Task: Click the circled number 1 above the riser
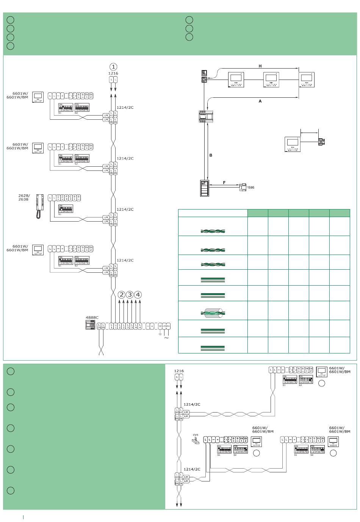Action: tap(113, 67)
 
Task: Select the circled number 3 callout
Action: tap(130, 295)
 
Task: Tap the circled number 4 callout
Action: tap(138, 295)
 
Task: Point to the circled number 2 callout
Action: tap(121, 295)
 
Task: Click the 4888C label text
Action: tap(92, 317)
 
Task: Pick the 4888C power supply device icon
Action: tap(91, 325)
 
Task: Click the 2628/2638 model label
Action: tap(23, 197)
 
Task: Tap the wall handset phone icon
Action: tap(40, 206)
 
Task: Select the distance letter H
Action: tap(260, 66)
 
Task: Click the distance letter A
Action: tap(260, 101)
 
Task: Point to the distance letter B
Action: tap(211, 155)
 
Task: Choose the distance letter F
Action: tap(224, 183)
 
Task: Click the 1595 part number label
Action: tap(250, 188)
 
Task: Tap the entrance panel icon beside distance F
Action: tap(205, 188)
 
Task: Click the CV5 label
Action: tap(196, 435)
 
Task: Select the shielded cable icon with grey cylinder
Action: tap(213, 313)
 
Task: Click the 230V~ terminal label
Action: tap(166, 325)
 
